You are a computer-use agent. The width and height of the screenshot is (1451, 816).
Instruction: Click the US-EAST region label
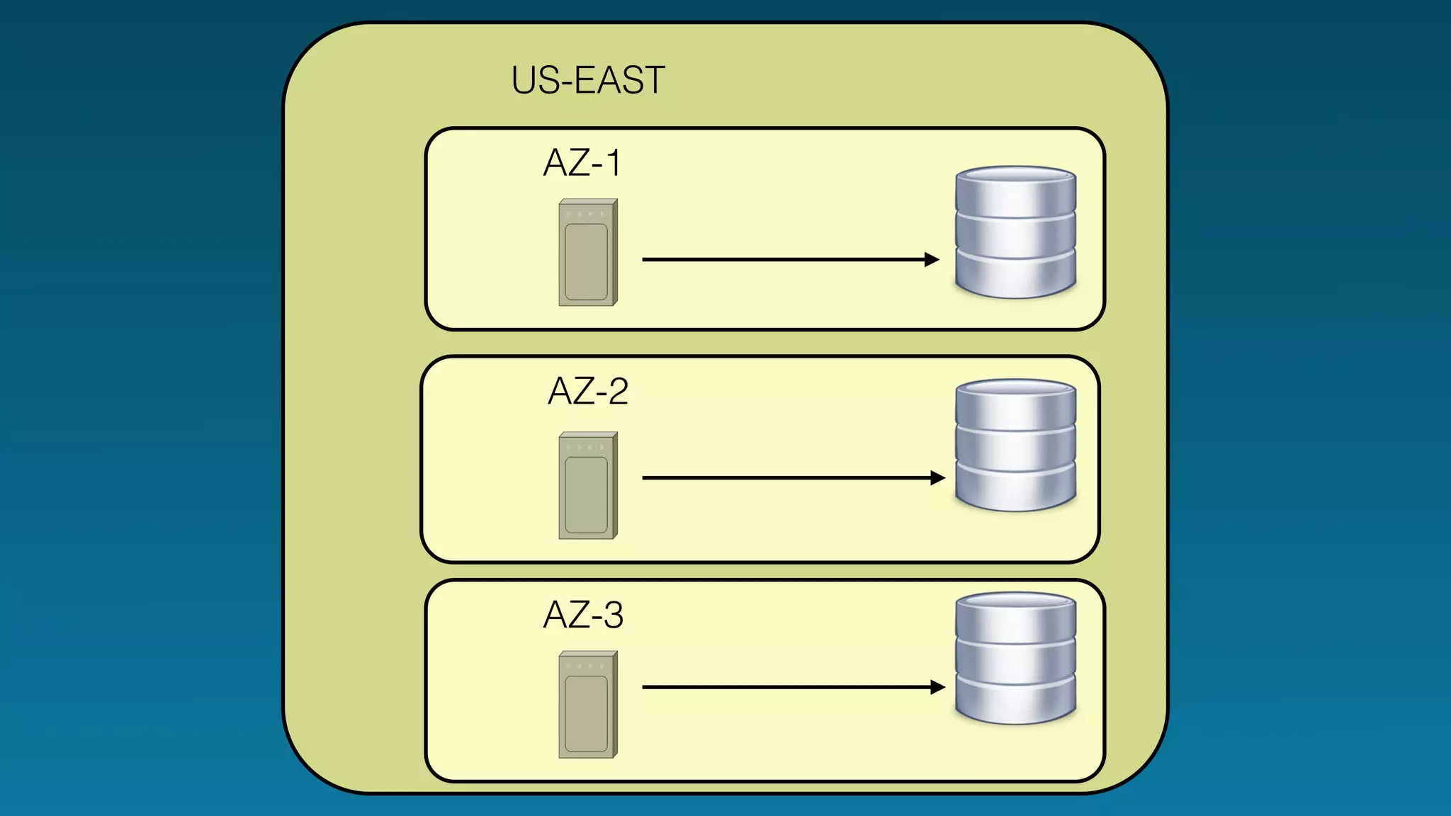pyautogui.click(x=587, y=80)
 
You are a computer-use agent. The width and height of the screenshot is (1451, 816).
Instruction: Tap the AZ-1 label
pyautogui.click(x=582, y=163)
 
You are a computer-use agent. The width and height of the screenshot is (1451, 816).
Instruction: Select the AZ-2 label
pyautogui.click(x=587, y=391)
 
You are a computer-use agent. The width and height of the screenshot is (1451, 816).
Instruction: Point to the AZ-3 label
pyautogui.click(x=582, y=615)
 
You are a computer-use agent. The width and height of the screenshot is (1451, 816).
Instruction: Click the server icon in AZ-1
pyautogui.click(x=587, y=253)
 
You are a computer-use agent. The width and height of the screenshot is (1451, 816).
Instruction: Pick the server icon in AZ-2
pyautogui.click(x=587, y=486)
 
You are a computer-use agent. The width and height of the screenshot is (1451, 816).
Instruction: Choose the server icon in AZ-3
pyautogui.click(x=587, y=705)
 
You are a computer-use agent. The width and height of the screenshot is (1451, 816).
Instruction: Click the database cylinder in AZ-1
pyautogui.click(x=1015, y=232)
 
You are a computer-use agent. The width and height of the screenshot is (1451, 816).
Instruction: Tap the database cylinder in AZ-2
pyautogui.click(x=1015, y=445)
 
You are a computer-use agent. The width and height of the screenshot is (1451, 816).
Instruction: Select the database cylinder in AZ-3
pyautogui.click(x=1015, y=658)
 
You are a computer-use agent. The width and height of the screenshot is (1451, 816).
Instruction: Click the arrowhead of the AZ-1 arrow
pyautogui.click(x=932, y=260)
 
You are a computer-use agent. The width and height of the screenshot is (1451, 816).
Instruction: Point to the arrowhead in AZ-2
pyautogui.click(x=938, y=478)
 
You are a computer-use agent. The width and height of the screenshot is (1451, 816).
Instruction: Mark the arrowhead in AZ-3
pyautogui.click(x=938, y=687)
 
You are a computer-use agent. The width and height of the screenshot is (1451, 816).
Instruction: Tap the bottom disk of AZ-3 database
pyautogui.click(x=1015, y=701)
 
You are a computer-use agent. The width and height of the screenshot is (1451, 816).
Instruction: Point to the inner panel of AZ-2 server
pyautogui.click(x=586, y=494)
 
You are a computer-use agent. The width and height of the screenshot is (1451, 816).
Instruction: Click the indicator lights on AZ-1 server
pyautogui.click(x=585, y=214)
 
